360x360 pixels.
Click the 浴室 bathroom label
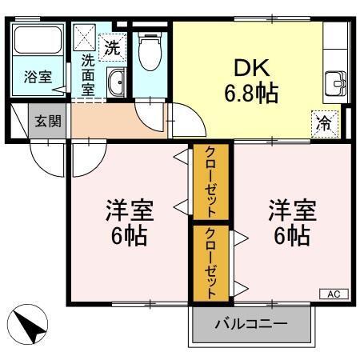(x=37, y=78)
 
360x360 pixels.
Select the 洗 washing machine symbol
(x=113, y=46)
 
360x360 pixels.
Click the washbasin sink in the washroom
(x=116, y=82)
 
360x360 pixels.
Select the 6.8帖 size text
(x=250, y=94)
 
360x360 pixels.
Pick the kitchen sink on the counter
(x=334, y=83)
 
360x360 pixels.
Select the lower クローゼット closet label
(x=210, y=262)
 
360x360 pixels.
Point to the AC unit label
(x=333, y=294)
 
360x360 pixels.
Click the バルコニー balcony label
(x=250, y=325)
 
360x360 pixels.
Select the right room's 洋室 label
(x=292, y=211)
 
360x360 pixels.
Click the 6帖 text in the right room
(x=292, y=237)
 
